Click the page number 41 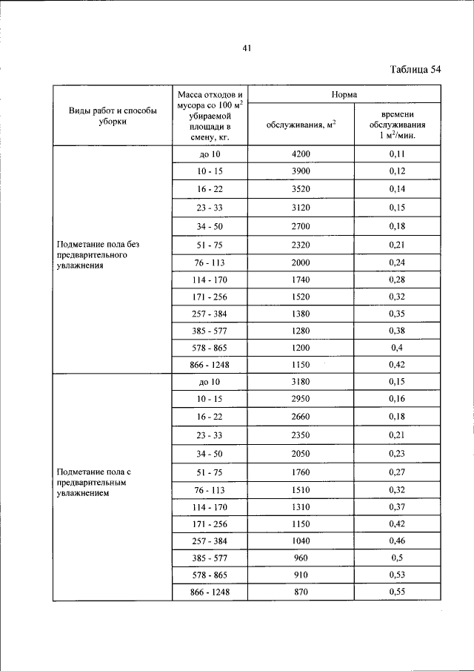point(247,48)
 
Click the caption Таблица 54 point(415,70)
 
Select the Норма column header point(344,95)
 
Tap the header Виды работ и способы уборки point(113,116)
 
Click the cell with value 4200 point(301,154)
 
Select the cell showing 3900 point(301,172)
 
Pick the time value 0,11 point(398,154)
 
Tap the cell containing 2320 point(301,245)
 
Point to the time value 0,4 point(398,348)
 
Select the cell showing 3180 point(301,382)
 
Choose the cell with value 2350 point(301,435)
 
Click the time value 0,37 point(398,507)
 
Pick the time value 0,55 point(398,591)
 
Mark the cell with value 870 point(301,591)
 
